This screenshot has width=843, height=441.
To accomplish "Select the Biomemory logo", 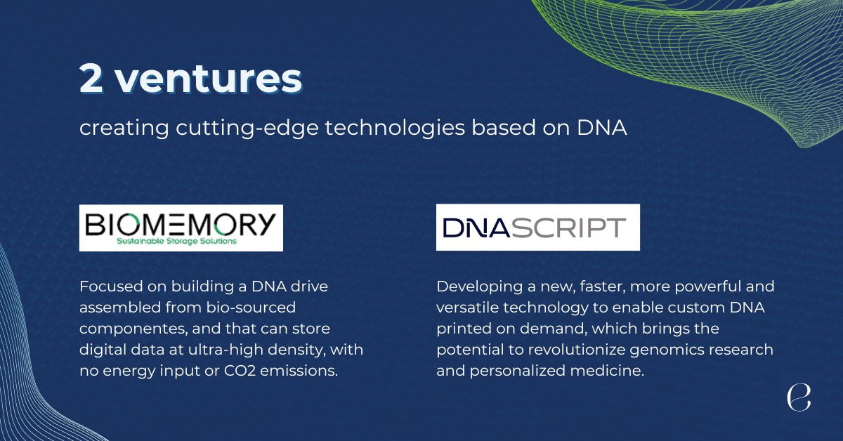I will tap(181, 228).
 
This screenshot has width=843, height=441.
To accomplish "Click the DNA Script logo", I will tap(537, 227).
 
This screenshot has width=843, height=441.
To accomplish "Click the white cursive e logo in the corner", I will tap(799, 397).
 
